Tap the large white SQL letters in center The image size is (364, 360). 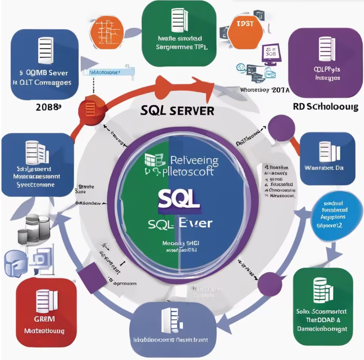179,198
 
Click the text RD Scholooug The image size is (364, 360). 325,107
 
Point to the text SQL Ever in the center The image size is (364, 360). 181,223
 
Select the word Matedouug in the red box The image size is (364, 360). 43,331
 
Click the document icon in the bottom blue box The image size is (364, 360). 170,319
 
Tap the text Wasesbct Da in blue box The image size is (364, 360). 328,167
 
